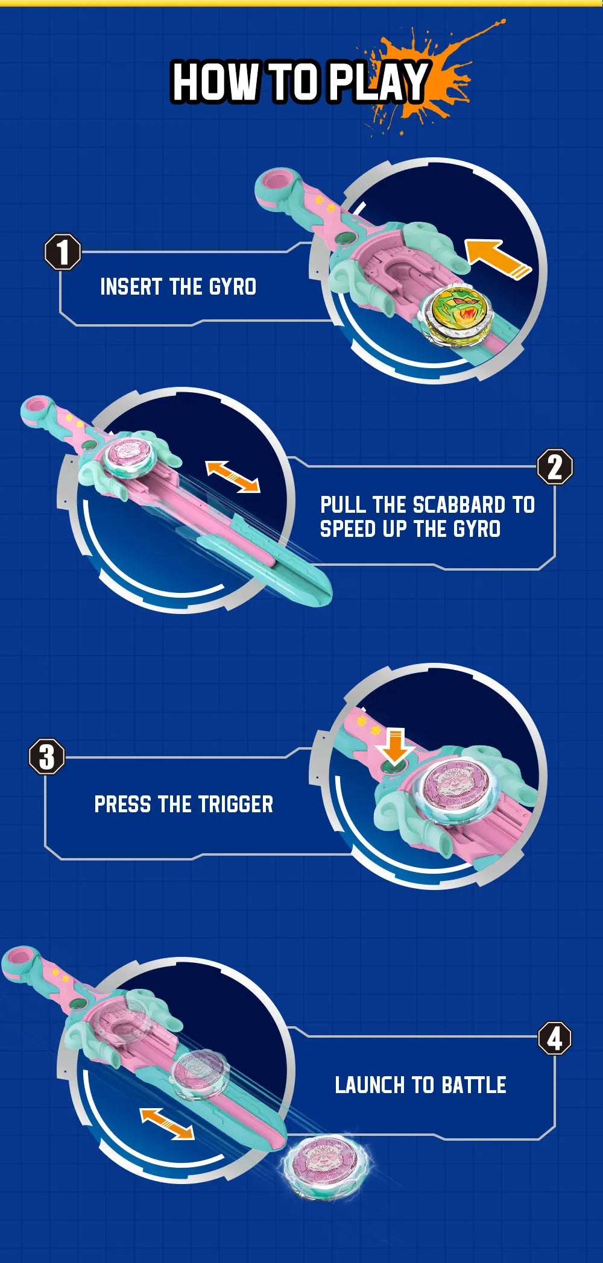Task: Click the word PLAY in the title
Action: [x=378, y=82]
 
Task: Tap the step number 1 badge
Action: [x=63, y=252]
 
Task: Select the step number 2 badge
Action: [x=555, y=466]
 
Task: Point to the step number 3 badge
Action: [x=47, y=757]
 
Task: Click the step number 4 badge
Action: [x=555, y=1038]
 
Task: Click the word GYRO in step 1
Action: [x=233, y=287]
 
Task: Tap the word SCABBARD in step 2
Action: [x=459, y=504]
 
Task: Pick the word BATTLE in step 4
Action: [x=474, y=1085]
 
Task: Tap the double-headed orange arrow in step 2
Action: [x=233, y=476]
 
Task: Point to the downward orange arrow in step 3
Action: [x=395, y=746]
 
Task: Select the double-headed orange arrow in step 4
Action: [x=167, y=1124]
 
